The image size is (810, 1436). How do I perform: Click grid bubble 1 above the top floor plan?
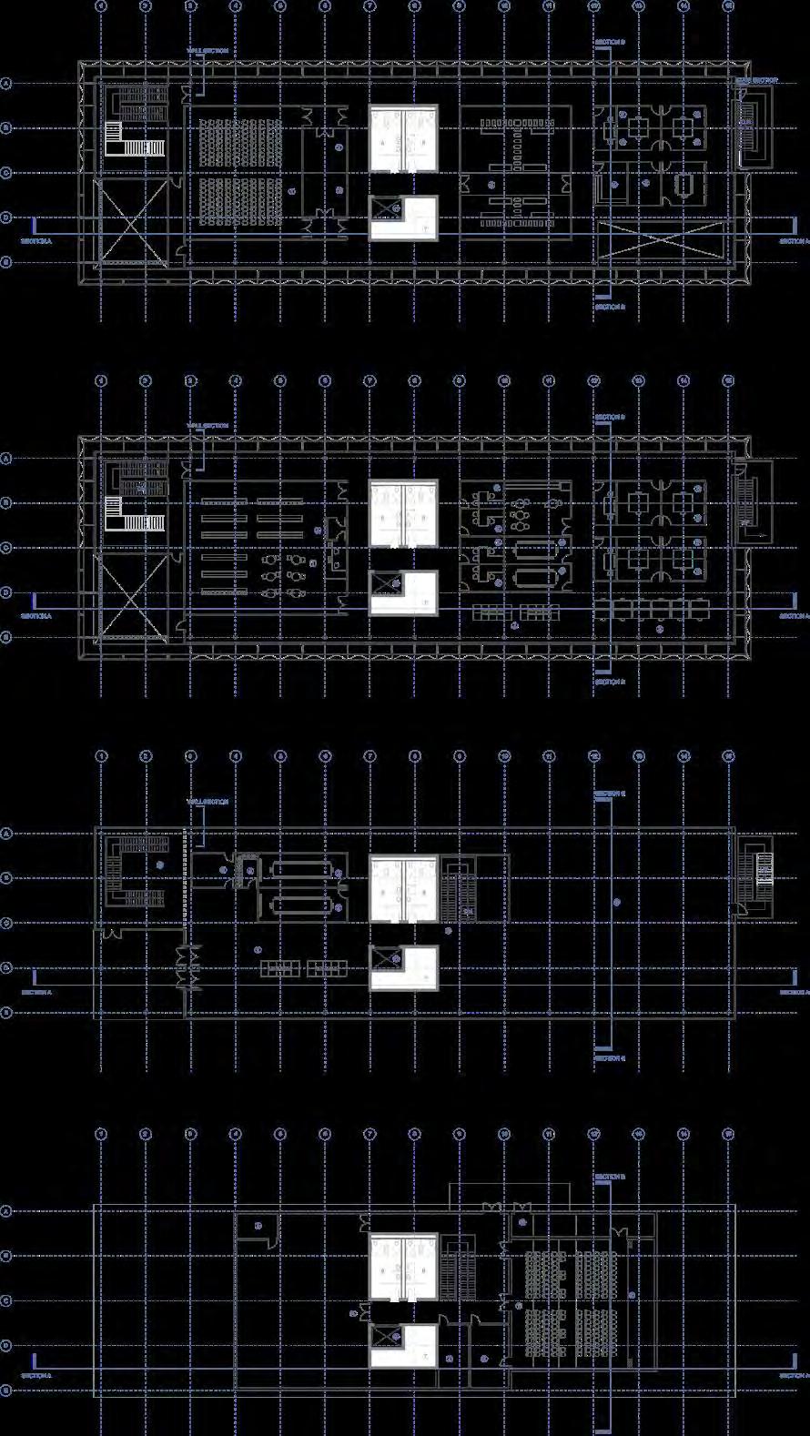pyautogui.click(x=101, y=6)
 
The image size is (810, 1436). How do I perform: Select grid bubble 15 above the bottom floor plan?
pyautogui.click(x=728, y=1134)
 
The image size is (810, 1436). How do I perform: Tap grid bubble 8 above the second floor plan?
pyautogui.click(x=414, y=382)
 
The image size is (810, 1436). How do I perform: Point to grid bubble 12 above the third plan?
pyautogui.click(x=594, y=756)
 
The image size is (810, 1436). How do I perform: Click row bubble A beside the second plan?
pyautogui.click(x=6, y=459)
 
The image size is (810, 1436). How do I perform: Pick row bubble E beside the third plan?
pyautogui.click(x=6, y=1012)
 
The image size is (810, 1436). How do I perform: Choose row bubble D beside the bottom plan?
pyautogui.click(x=6, y=1345)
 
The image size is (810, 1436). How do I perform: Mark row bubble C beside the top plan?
pyautogui.click(x=6, y=173)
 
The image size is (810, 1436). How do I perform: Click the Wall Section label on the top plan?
pyautogui.click(x=207, y=51)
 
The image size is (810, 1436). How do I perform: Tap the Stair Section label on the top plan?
pyautogui.click(x=757, y=80)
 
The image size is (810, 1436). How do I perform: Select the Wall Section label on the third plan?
pyautogui.click(x=207, y=802)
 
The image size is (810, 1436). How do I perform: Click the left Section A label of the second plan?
pyautogui.click(x=36, y=616)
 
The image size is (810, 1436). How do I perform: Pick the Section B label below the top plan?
pyautogui.click(x=610, y=308)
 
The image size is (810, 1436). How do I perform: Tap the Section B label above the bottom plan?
pyautogui.click(x=610, y=1177)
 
